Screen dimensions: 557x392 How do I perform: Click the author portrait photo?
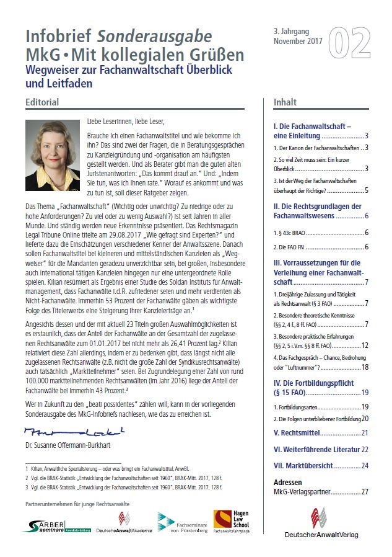53,155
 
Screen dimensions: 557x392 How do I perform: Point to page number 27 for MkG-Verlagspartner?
365,492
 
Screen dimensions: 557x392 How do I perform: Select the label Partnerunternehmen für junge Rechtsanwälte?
77,504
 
